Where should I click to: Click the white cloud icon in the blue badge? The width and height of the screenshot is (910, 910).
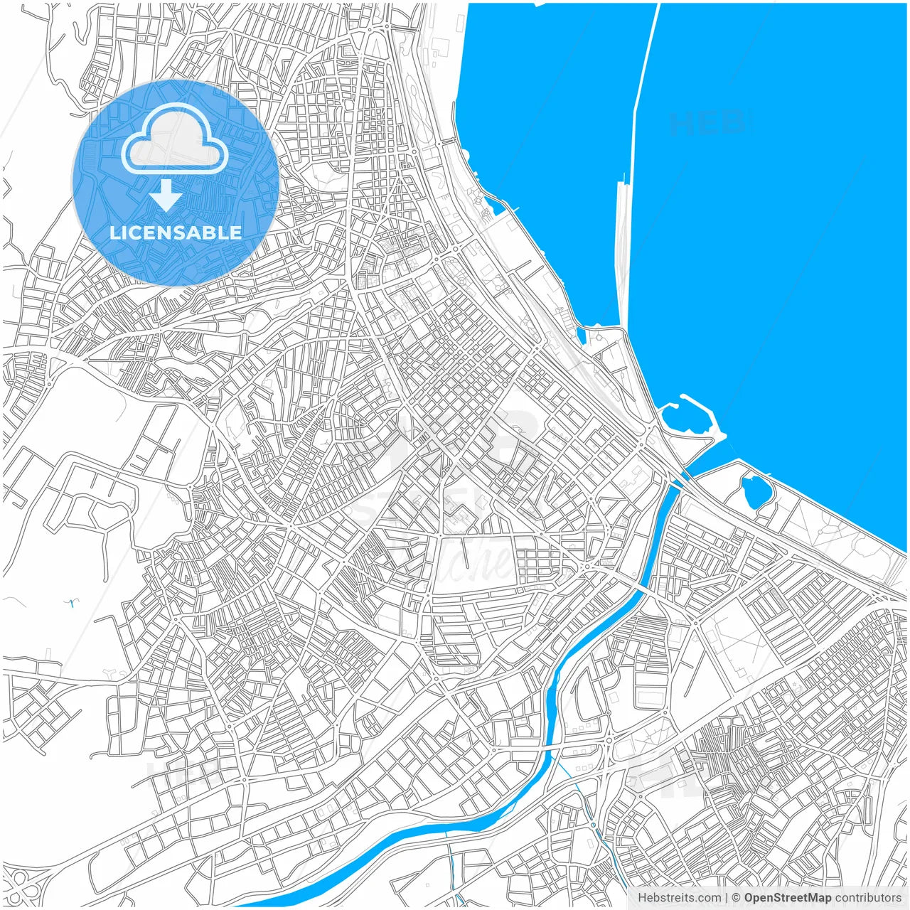(174, 140)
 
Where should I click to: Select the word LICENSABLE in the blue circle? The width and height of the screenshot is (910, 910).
(176, 232)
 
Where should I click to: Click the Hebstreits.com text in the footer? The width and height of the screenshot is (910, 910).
(679, 898)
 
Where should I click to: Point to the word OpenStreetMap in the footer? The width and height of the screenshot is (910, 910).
(787, 898)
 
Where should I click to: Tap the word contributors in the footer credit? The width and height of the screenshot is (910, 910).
(867, 898)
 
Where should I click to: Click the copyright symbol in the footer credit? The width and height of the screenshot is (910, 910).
(737, 898)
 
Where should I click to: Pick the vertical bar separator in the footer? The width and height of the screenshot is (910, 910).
(727, 898)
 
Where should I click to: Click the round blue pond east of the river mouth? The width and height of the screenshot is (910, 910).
(754, 491)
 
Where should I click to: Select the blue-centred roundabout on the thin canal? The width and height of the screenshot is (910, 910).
(593, 825)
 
